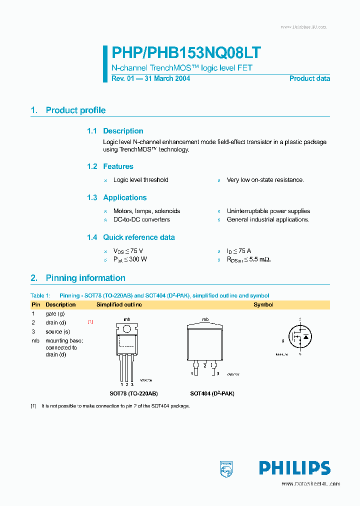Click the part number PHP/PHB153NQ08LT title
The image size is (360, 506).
185,53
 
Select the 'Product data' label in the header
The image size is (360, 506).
309,78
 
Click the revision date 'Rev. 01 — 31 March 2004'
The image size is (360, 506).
150,78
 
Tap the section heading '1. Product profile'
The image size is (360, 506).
68,110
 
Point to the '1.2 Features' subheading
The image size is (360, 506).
110,166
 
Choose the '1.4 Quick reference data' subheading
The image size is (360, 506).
131,237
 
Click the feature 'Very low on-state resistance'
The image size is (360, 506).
265,180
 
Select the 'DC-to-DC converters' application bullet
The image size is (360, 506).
141,219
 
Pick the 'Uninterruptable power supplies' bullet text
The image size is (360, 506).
268,211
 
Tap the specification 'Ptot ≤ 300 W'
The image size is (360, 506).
130,259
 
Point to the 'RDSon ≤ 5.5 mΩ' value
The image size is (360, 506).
248,259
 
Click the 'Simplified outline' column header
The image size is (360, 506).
119,304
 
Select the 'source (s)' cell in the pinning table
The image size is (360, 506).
57,331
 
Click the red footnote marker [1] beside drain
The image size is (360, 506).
90,322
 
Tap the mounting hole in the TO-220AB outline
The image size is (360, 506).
127,329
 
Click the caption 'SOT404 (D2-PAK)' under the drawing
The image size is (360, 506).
212,393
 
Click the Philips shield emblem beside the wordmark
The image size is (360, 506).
226,468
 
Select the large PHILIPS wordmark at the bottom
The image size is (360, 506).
294,468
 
